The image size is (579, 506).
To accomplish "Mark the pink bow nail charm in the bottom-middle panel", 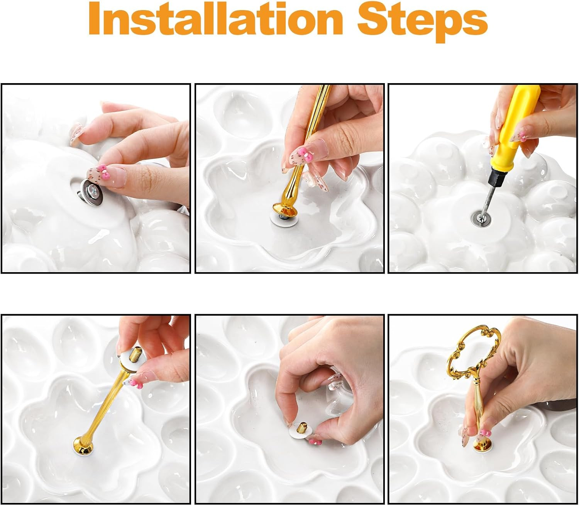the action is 315,442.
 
